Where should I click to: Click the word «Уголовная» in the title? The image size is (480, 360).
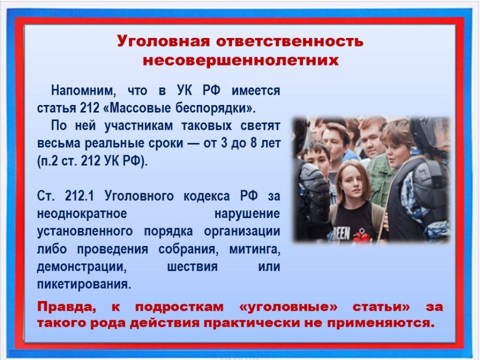tap(163, 41)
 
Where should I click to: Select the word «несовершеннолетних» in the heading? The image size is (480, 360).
tap(241, 60)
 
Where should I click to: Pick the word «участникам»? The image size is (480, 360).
tap(139, 126)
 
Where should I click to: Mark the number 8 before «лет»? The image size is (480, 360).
tap(254, 143)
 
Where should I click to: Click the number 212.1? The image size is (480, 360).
tap(79, 195)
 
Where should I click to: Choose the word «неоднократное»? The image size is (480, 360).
tap(82, 213)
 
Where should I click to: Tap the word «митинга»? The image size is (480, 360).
tap(255, 249)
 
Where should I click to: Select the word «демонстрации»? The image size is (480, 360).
tap(82, 267)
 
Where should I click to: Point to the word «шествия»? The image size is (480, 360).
tap(192, 267)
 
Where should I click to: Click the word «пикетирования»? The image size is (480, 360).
tap(84, 285)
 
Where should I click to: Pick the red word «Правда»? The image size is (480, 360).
tap(67, 307)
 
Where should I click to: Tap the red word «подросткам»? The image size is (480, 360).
tap(179, 307)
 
